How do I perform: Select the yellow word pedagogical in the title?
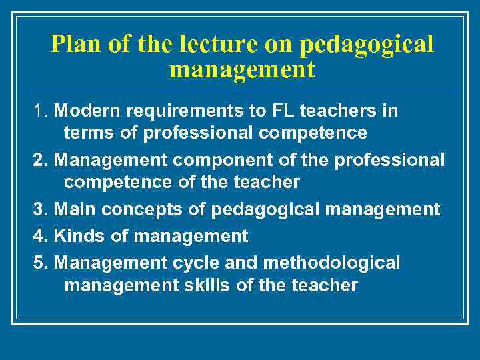tap(367, 44)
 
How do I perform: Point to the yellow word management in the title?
tap(242, 69)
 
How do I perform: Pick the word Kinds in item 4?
tap(75, 236)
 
